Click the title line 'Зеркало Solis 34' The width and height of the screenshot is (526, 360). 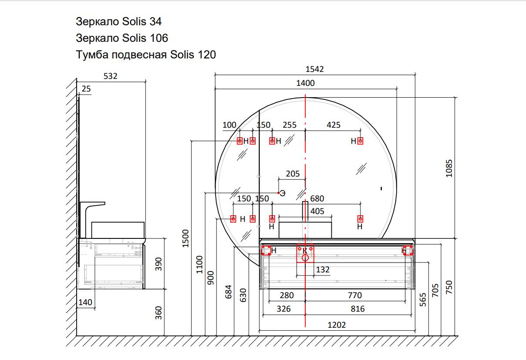118,22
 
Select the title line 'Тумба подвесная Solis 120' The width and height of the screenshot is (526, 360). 146,55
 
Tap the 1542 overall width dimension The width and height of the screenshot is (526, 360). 314,69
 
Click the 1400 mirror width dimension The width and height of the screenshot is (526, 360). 305,83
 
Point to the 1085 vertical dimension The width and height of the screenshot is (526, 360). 449,168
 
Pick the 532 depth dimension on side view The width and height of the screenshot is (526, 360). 110,76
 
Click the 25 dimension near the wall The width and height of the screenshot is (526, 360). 86,89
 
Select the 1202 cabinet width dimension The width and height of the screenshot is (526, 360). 337,325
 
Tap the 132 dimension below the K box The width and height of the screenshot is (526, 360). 323,269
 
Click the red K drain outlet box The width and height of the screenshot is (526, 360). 305,253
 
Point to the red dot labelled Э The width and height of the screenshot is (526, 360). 279,193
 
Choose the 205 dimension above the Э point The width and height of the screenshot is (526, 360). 293,173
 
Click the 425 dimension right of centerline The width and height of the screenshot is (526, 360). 334,125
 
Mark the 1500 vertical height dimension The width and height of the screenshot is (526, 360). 185,238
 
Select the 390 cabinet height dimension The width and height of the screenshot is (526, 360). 158,264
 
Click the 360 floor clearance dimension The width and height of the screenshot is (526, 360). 158,313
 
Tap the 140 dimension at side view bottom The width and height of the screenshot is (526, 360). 85,302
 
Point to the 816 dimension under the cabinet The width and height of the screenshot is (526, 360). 357,309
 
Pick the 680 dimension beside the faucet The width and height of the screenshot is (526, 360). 317,199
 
